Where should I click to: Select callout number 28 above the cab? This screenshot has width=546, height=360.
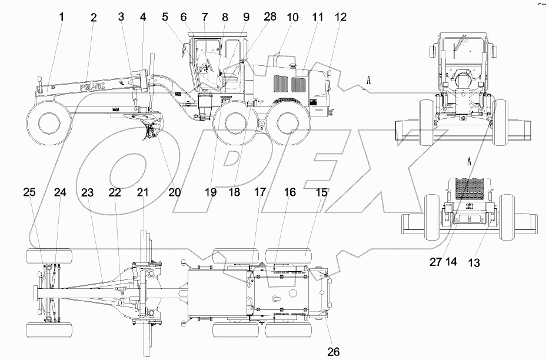270,18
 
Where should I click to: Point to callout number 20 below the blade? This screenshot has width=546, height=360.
174,191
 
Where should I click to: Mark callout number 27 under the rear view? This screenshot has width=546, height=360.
435,262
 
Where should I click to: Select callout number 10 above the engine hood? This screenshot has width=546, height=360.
293,18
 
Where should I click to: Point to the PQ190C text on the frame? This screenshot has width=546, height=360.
96,86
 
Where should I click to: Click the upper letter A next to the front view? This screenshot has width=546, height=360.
368,82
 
